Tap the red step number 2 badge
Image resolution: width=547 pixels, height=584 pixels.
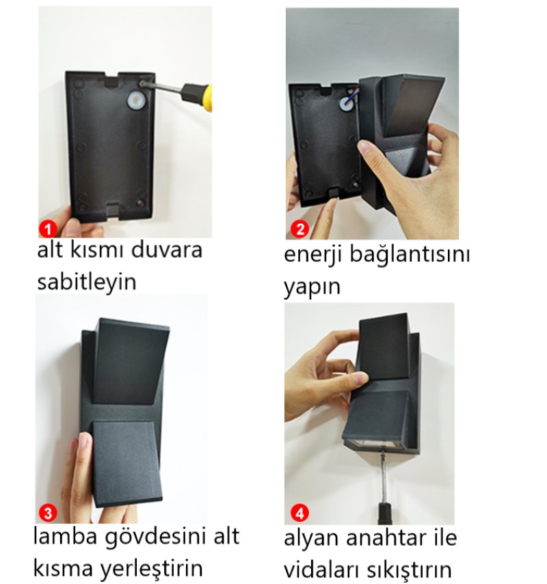coord(299,229)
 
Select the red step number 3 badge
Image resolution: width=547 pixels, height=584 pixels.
coord(48,513)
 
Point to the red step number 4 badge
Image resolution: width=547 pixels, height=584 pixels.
coord(299,513)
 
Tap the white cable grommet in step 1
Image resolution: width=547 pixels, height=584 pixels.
coord(135,101)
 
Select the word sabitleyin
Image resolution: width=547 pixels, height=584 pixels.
coord(87,282)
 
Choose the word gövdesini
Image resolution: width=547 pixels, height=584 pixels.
coord(157,537)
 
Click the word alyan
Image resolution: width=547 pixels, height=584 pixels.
coord(312,539)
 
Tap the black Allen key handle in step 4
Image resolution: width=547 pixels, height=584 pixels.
coord(385,514)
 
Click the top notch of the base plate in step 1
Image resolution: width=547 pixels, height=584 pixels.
coord(111,79)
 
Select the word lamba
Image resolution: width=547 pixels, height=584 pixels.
coord(66,536)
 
